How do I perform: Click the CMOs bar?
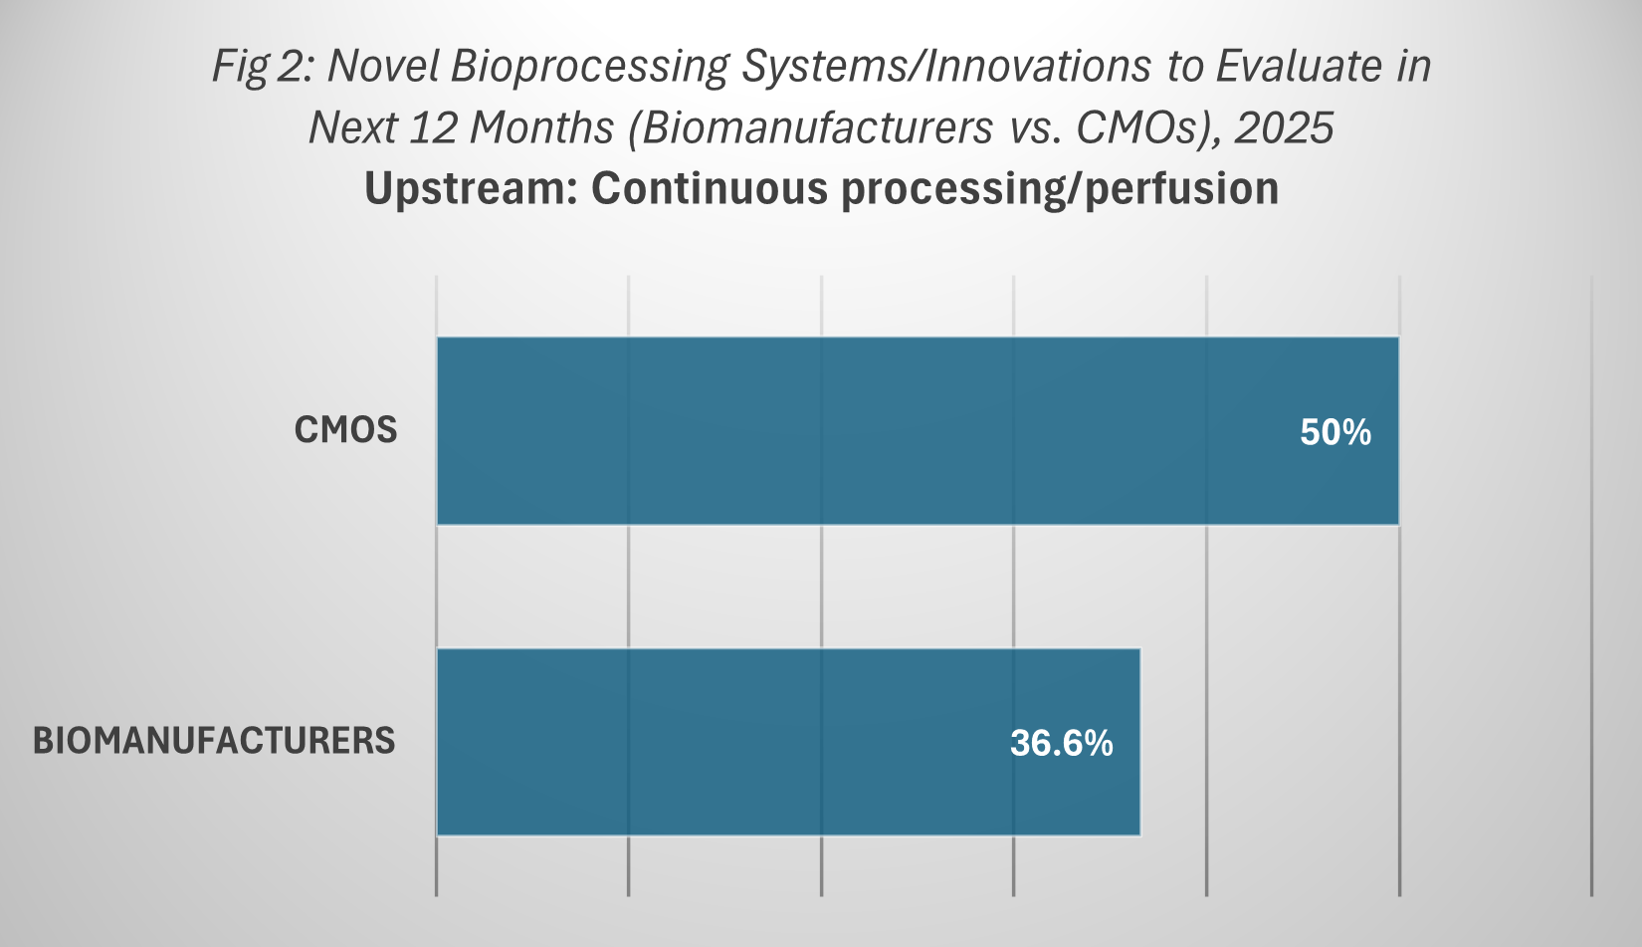[x=918, y=430]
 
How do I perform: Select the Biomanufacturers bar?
[x=789, y=742]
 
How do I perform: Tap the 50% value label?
[x=1334, y=432]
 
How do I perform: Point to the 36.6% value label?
[x=1062, y=743]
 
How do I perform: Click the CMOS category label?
[x=345, y=430]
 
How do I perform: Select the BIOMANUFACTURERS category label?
[x=214, y=741]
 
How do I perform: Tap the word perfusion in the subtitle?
[x=1181, y=188]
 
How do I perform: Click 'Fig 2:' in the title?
[x=264, y=67]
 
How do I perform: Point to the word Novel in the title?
[x=383, y=66]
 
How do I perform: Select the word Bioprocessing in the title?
[x=589, y=67]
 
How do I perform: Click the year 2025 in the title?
[x=1284, y=127]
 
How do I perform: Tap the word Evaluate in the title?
[x=1299, y=66]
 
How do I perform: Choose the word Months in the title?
[x=541, y=127]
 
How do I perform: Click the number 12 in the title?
[x=433, y=127]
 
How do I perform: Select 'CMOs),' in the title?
[x=1149, y=128]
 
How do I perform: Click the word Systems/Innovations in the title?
[x=946, y=67]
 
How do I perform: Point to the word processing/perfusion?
[x=1060, y=188]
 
